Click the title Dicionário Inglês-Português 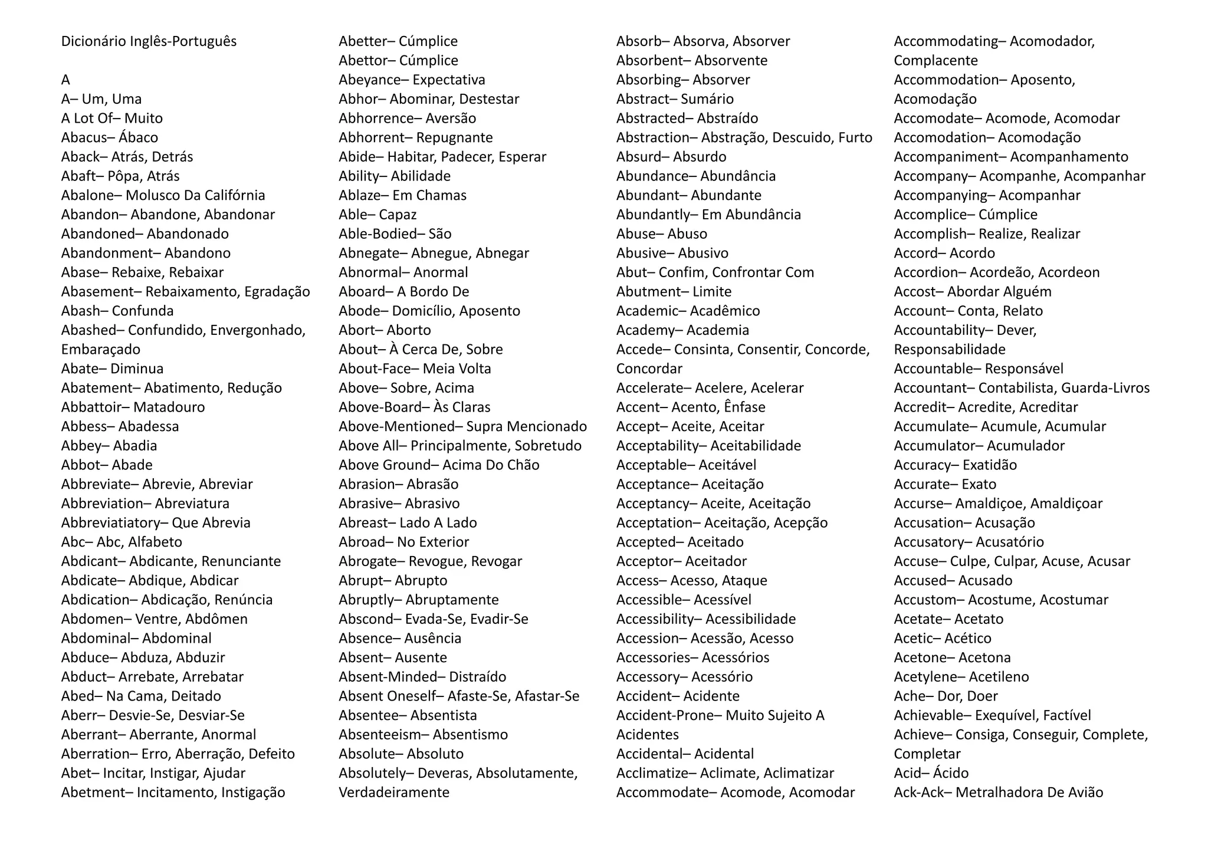(149, 41)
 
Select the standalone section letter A (65, 80)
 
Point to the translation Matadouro (169, 407)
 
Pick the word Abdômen (216, 619)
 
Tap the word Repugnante (454, 137)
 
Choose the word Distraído (477, 677)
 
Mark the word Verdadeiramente (393, 792)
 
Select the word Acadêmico (724, 311)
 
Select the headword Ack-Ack (918, 792)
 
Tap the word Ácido (950, 773)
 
